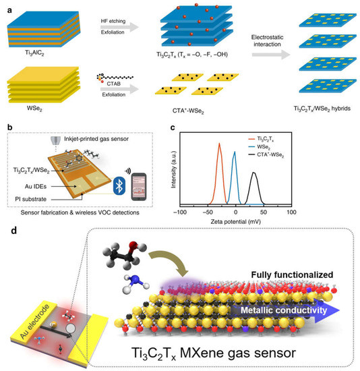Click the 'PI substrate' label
click(x=34, y=196)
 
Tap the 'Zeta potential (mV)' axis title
click(x=235, y=221)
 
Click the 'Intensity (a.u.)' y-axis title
click(x=174, y=171)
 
